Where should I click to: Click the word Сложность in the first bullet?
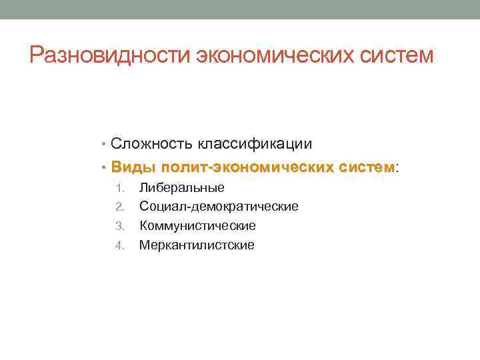[151, 143]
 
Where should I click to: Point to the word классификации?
[253, 143]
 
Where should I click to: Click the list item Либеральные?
[181, 188]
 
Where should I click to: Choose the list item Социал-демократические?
[219, 207]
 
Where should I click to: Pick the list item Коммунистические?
[197, 226]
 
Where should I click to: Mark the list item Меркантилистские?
[197, 245]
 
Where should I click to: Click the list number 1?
[120, 188]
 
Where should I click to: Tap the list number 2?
[119, 207]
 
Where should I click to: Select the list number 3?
[119, 226]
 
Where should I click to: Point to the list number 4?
[119, 245]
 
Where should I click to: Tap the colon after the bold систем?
[398, 167]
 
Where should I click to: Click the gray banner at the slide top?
[240, 9]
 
